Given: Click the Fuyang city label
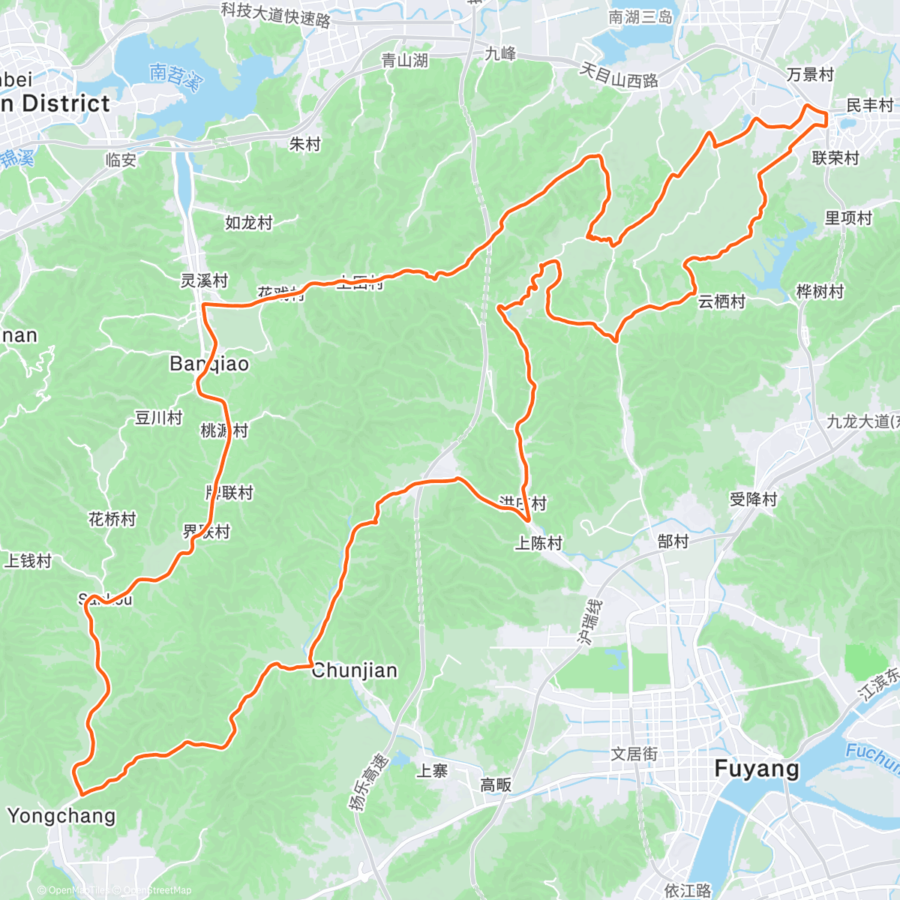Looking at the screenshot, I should pyautogui.click(x=757, y=769).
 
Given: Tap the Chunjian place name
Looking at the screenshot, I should pyautogui.click(x=354, y=670).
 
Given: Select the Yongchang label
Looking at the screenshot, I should pyautogui.click(x=61, y=816).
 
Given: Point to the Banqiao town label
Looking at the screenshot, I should pyautogui.click(x=209, y=364).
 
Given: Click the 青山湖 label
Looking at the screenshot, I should pyautogui.click(x=404, y=61).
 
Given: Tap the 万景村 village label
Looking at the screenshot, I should pyautogui.click(x=810, y=75).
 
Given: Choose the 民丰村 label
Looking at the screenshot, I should pyautogui.click(x=870, y=105).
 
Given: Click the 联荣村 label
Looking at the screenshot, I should pyautogui.click(x=835, y=158).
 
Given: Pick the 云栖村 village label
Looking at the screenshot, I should pyautogui.click(x=721, y=301).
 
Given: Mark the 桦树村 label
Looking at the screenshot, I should pyautogui.click(x=820, y=292).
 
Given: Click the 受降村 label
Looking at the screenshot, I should pyautogui.click(x=753, y=499).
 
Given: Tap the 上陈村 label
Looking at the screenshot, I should pyautogui.click(x=538, y=543).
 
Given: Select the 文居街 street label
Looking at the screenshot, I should pyautogui.click(x=634, y=754).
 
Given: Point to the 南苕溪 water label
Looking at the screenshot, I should pyautogui.click(x=175, y=76).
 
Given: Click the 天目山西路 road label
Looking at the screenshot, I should pyautogui.click(x=619, y=76).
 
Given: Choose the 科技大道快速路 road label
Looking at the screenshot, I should pyautogui.click(x=276, y=14).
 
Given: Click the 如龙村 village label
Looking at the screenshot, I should pyautogui.click(x=249, y=223).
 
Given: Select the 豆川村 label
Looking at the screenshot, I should pyautogui.click(x=158, y=418).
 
